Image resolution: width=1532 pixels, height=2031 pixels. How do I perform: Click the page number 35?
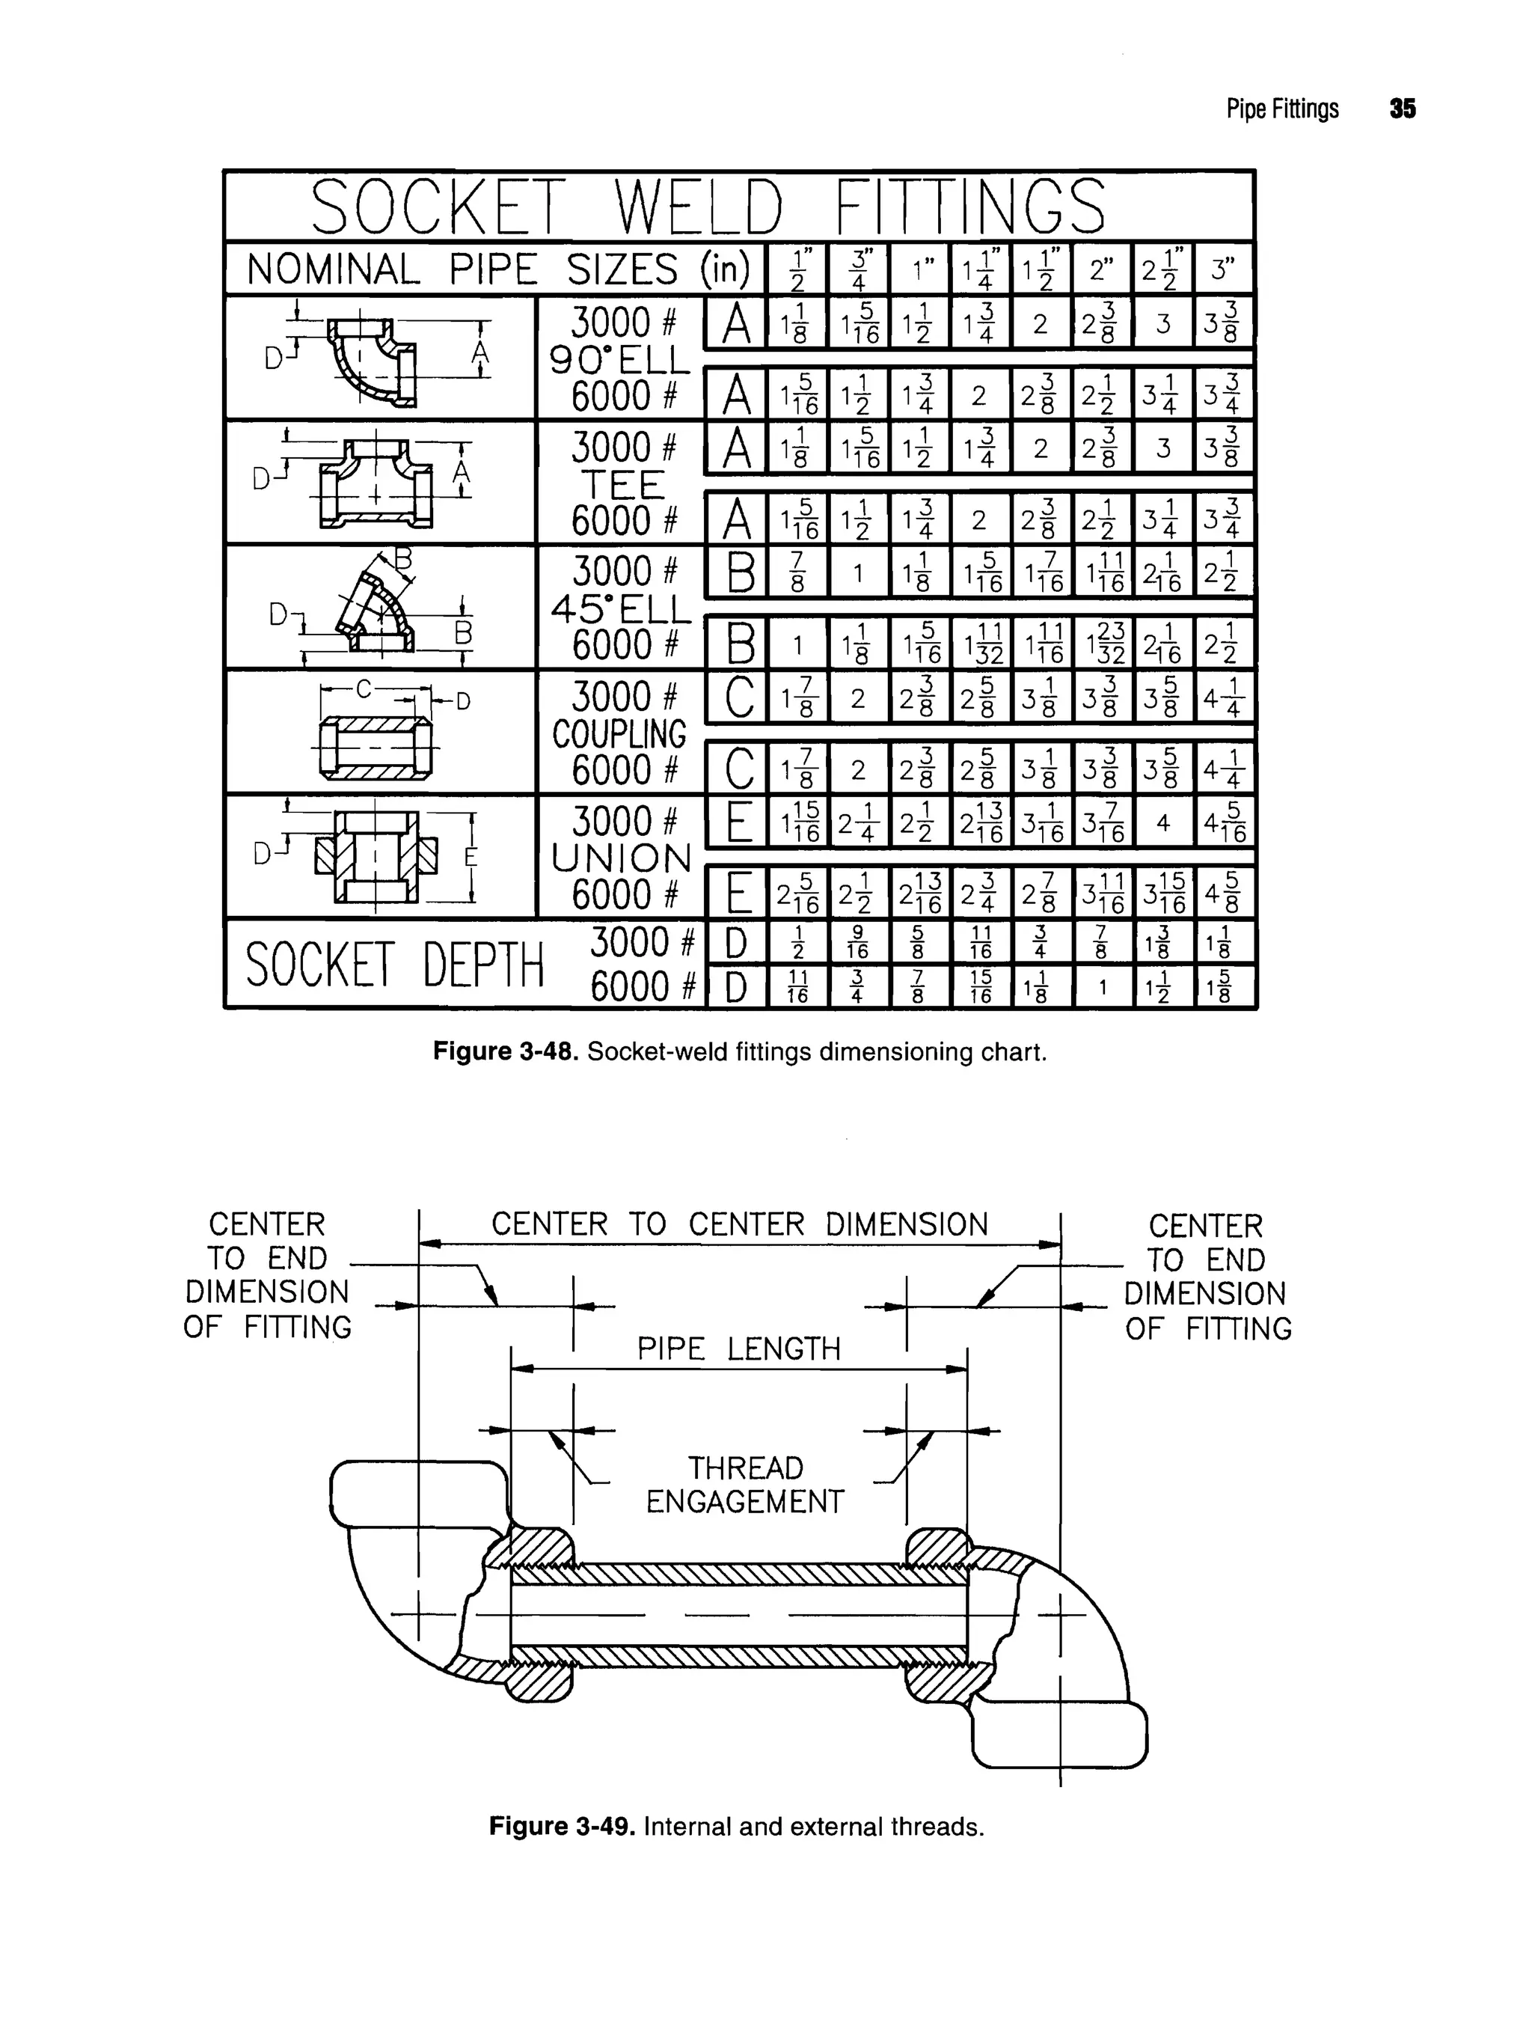click(x=1402, y=109)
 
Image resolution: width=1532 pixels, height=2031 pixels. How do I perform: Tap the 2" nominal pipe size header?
click(x=1101, y=269)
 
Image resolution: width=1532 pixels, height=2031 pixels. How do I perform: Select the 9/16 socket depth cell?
click(x=857, y=942)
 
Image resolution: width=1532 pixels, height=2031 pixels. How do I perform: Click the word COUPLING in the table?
click(x=619, y=733)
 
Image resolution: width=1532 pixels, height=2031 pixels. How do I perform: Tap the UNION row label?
click(x=621, y=858)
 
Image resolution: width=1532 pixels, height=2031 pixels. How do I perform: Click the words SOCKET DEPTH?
click(x=395, y=965)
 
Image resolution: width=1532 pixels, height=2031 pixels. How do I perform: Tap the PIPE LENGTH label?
click(x=739, y=1349)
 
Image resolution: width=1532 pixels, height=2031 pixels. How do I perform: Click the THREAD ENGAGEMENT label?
click(x=744, y=1485)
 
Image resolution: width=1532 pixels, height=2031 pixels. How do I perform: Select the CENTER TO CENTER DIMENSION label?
click(x=739, y=1224)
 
